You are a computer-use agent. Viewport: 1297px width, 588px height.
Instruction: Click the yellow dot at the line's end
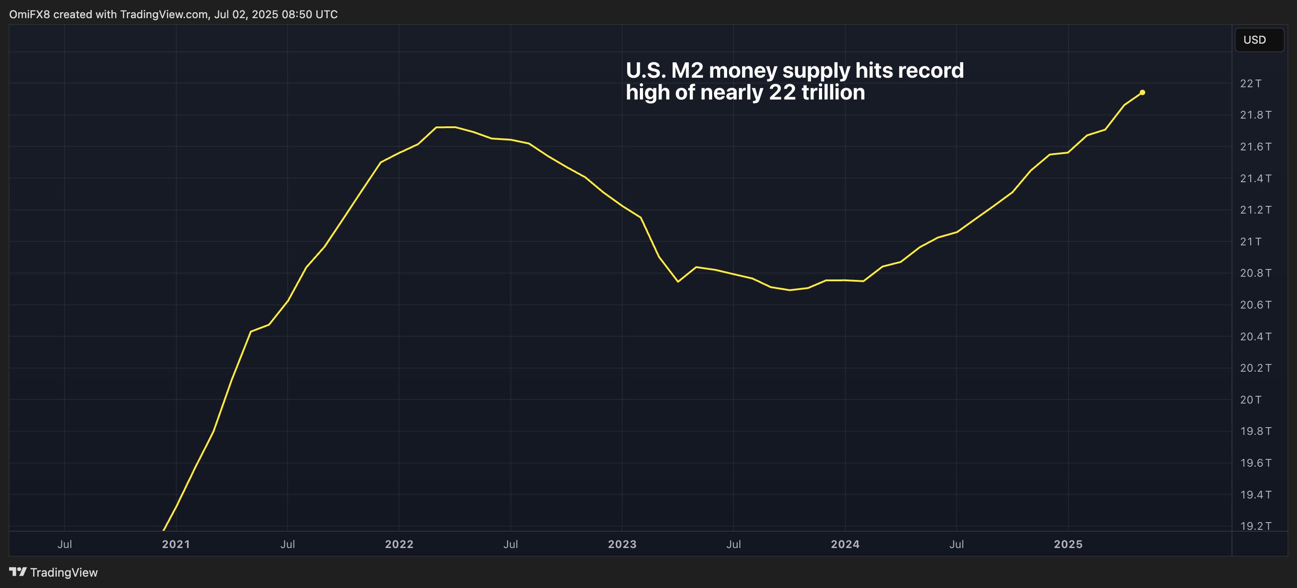(x=1142, y=93)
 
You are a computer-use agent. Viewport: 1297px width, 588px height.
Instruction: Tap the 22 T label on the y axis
(x=1250, y=84)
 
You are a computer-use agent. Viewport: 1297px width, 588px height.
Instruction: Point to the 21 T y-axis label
(x=1250, y=242)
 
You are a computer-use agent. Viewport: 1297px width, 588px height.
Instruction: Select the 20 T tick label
(x=1250, y=400)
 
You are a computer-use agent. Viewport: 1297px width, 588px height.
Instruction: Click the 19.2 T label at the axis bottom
(x=1255, y=526)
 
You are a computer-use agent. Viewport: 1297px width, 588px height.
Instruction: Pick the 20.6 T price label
(x=1255, y=305)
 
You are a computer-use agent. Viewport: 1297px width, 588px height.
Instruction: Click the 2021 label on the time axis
(x=176, y=544)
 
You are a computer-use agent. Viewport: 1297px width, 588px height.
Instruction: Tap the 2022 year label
(x=399, y=544)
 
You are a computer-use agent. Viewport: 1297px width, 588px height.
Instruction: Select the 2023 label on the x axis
(x=622, y=544)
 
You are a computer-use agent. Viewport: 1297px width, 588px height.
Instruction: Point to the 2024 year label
(x=845, y=544)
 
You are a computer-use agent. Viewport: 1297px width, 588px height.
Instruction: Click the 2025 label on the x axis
(x=1068, y=544)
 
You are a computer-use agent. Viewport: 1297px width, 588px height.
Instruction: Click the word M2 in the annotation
(x=687, y=70)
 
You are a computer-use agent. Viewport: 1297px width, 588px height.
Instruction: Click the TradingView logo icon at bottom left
(x=18, y=572)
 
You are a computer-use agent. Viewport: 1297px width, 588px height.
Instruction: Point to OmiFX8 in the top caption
(x=29, y=15)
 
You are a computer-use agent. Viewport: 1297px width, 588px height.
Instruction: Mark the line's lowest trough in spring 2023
(x=678, y=281)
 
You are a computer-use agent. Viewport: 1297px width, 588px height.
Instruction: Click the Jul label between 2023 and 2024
(x=733, y=544)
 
